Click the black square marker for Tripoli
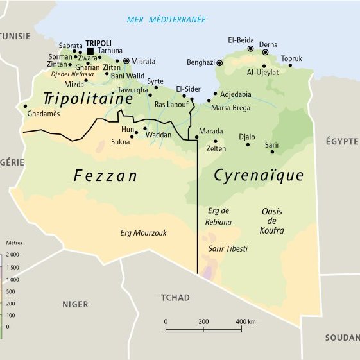coord(90,51)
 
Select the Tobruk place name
coord(291,58)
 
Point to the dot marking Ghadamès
coord(26,106)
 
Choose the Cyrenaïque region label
coord(259,175)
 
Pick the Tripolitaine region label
coord(88,99)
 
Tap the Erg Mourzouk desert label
coord(143,233)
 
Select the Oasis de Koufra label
coord(272,221)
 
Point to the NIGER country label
coord(75,304)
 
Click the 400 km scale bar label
coord(245,321)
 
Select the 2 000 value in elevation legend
coord(13,255)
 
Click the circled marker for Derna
coord(265,53)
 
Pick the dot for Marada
coord(196,137)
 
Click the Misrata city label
coord(143,61)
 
